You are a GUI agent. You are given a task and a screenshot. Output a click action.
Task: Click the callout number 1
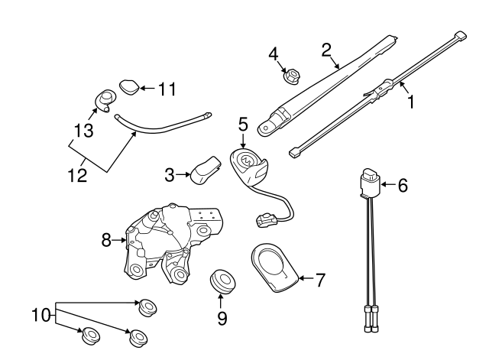(410, 100)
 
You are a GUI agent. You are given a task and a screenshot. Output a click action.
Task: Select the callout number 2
(326, 50)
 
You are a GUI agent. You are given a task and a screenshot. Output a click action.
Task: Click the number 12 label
(76, 175)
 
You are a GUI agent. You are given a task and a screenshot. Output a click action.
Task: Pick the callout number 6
(404, 184)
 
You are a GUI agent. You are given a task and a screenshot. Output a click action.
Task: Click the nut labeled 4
(291, 76)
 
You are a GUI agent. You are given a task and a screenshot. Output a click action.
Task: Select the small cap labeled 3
(203, 168)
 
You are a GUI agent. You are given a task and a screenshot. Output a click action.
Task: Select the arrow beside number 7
(304, 279)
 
